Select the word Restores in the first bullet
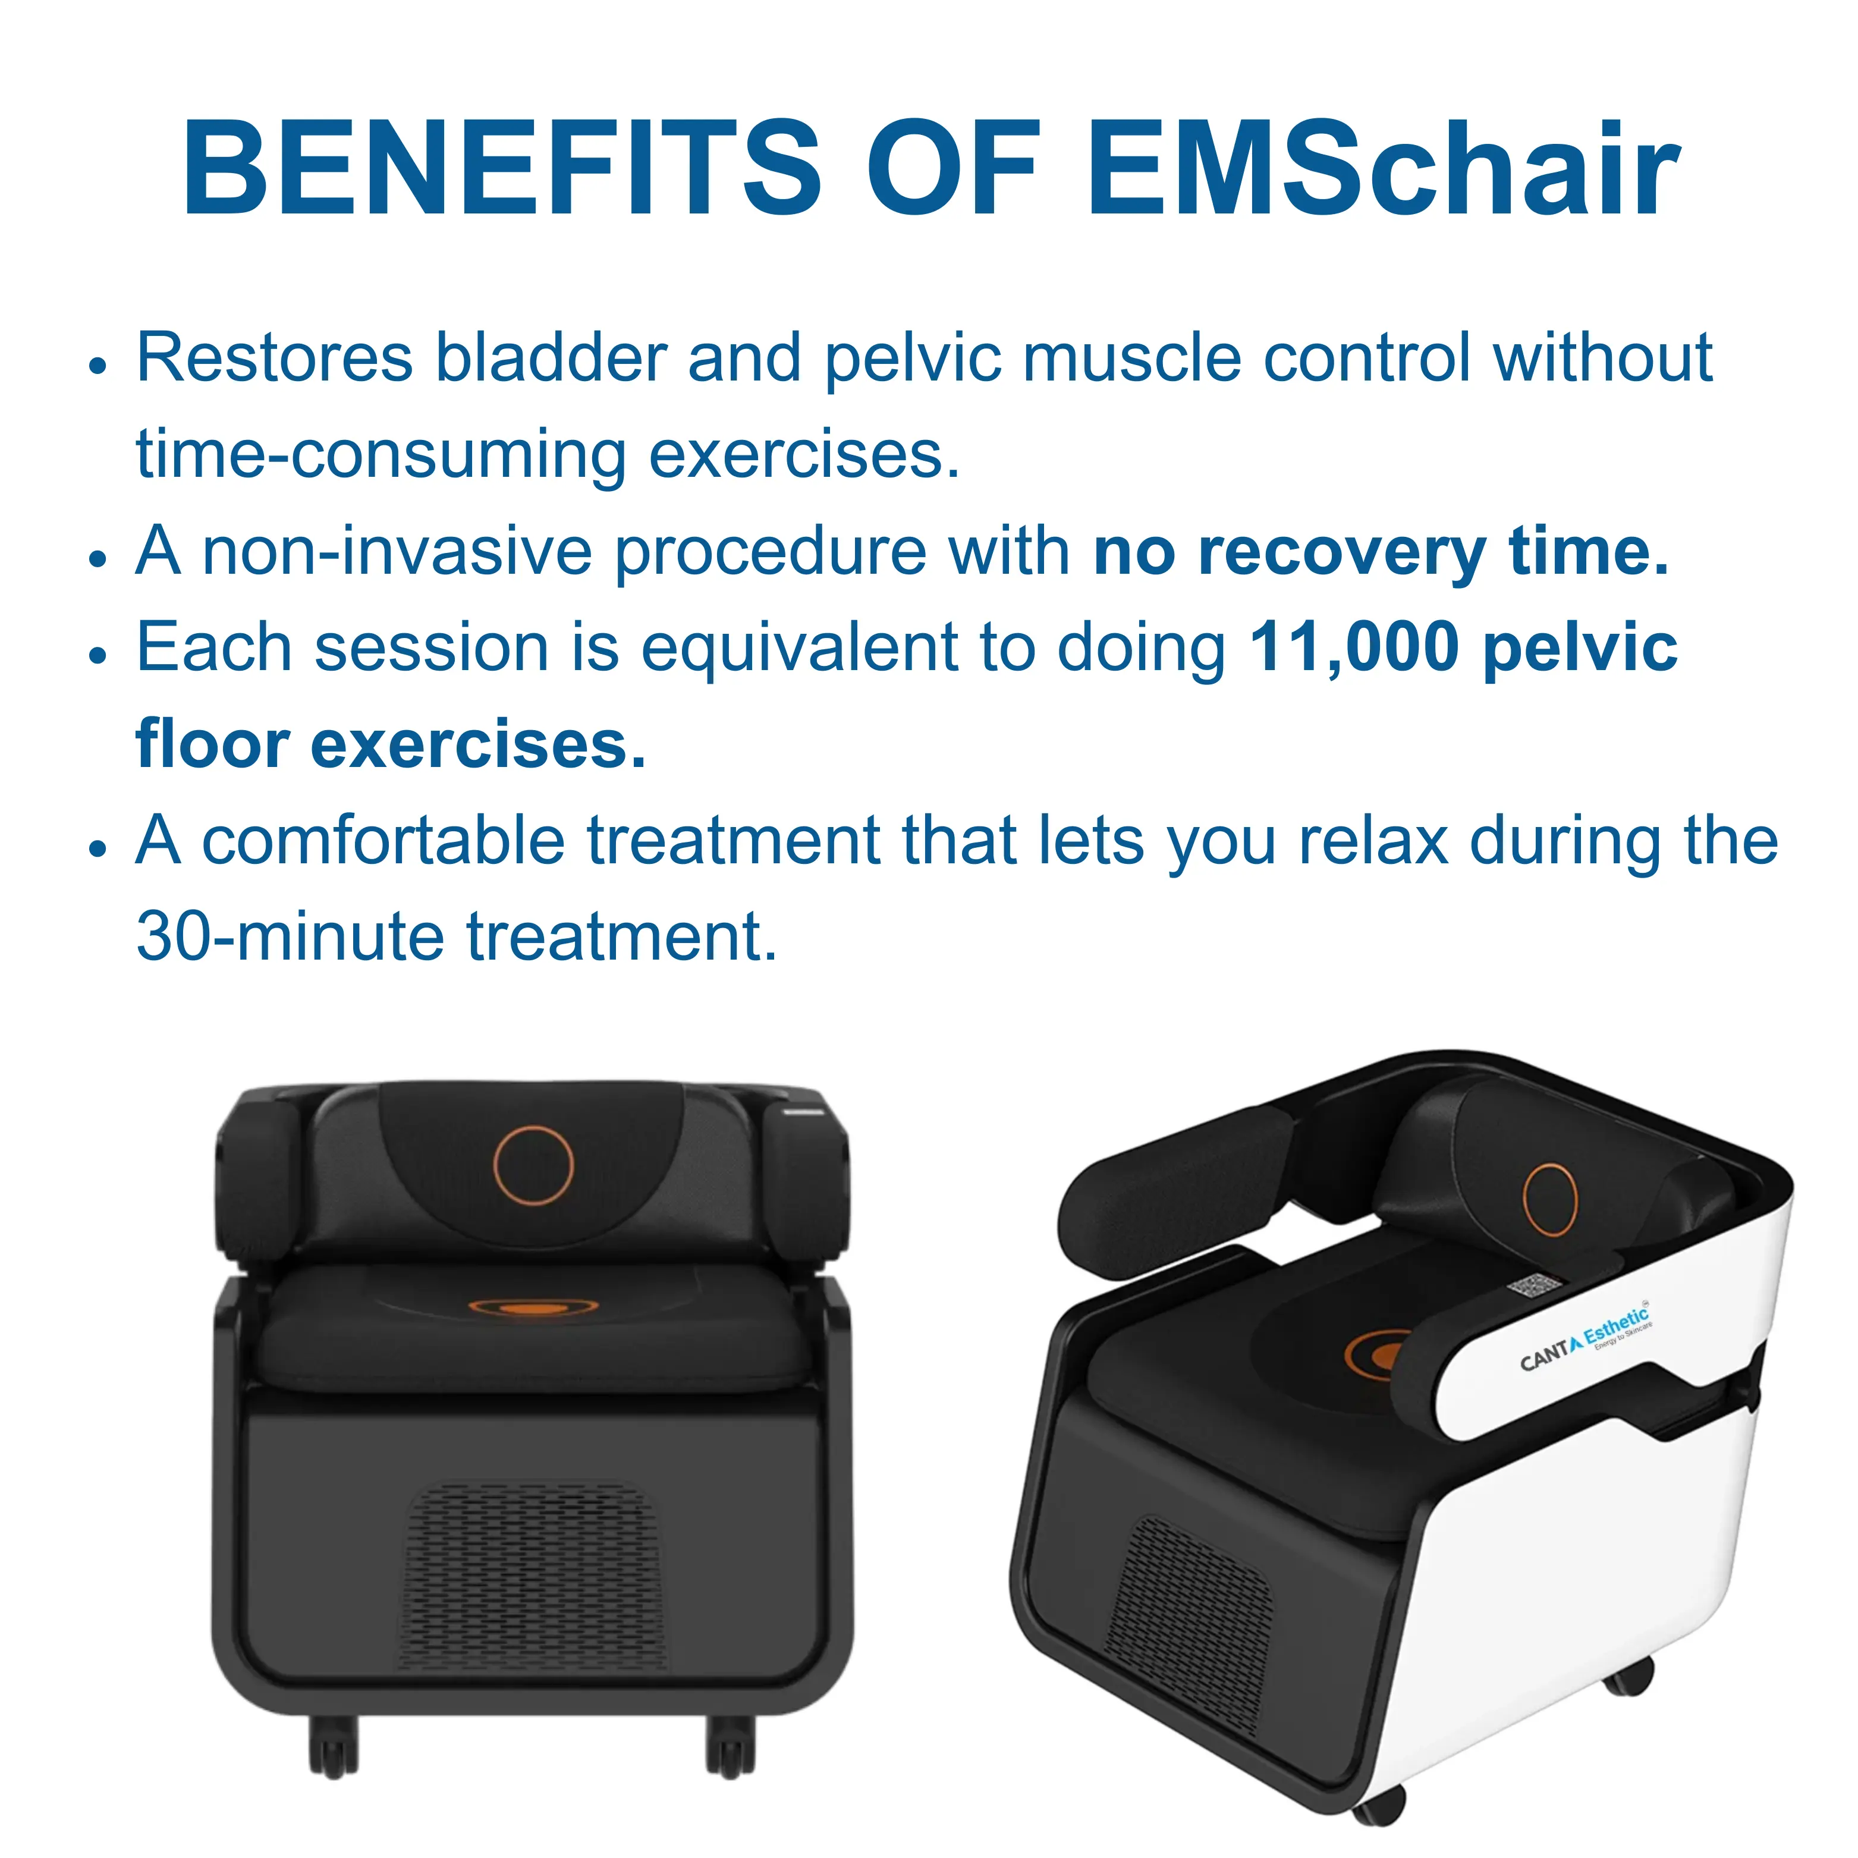point(274,358)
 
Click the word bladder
point(551,358)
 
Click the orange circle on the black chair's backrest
point(534,1165)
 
